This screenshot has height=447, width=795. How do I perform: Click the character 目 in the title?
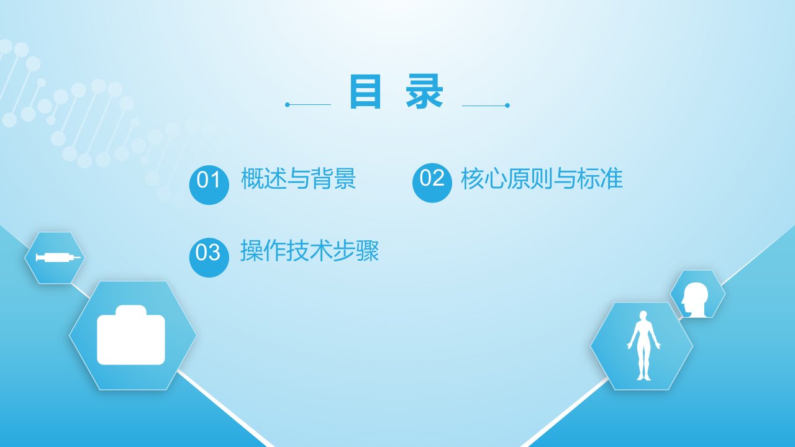[365, 91]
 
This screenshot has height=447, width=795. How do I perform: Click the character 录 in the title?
[424, 91]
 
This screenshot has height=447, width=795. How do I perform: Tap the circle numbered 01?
[209, 185]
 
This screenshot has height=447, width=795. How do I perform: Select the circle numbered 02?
[432, 183]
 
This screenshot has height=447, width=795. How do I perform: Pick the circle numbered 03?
[209, 258]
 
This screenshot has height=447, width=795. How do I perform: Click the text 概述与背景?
[299, 178]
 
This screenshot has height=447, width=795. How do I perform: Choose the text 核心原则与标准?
[542, 178]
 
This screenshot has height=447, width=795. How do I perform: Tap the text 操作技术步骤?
[310, 250]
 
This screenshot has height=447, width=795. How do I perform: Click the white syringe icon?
[58, 257]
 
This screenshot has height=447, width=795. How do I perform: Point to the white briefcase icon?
[131, 335]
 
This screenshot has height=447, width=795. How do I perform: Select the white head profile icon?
[694, 299]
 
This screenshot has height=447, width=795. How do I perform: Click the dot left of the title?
[288, 105]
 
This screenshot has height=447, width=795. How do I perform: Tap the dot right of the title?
[507, 106]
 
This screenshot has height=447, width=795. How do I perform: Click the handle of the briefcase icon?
[131, 310]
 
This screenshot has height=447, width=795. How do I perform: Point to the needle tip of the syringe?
[80, 257]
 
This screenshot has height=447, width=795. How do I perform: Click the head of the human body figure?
[643, 315]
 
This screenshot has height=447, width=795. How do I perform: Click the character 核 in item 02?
[472, 178]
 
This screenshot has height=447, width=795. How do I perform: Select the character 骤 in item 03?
[368, 250]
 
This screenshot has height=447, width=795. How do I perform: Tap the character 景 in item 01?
[345, 178]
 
